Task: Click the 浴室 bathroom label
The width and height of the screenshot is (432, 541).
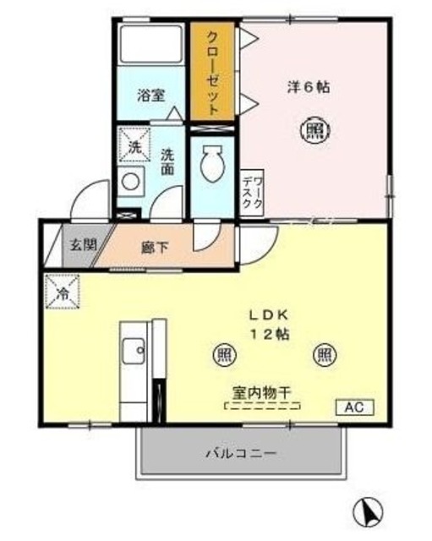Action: (152, 96)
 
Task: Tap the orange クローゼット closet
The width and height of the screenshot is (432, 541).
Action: (213, 72)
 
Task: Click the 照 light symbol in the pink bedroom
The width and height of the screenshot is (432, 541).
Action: (313, 130)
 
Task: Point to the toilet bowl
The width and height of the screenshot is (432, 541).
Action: (211, 163)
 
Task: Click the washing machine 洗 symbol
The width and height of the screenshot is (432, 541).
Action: (134, 145)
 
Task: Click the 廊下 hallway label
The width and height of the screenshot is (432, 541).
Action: (155, 248)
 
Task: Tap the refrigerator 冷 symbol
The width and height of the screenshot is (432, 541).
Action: (63, 293)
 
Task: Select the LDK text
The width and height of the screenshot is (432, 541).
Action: (269, 314)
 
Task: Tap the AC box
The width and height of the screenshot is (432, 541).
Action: (356, 407)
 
